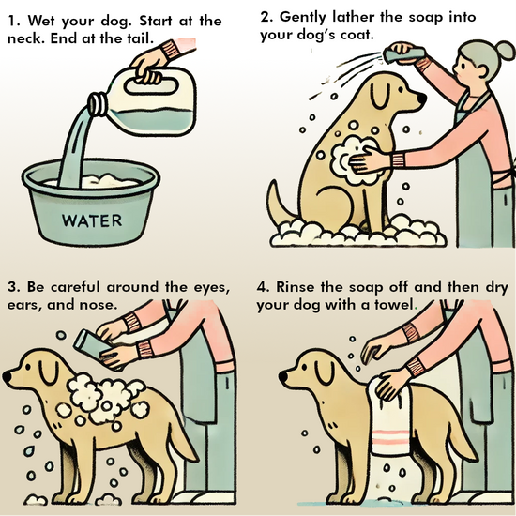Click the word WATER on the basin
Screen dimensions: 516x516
(x=92, y=220)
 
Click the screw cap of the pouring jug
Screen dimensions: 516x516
(x=97, y=104)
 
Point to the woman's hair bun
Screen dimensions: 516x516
(x=504, y=50)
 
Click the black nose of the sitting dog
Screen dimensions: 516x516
(x=421, y=98)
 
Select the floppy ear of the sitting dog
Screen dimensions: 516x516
(x=381, y=96)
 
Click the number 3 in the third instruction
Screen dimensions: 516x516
(x=11, y=287)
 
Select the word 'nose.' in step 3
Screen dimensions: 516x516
(x=99, y=305)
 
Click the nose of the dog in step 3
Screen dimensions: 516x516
(x=7, y=376)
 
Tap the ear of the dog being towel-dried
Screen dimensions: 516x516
(x=325, y=372)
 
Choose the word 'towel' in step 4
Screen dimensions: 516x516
(x=394, y=305)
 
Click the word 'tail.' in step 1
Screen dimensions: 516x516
(x=140, y=38)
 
